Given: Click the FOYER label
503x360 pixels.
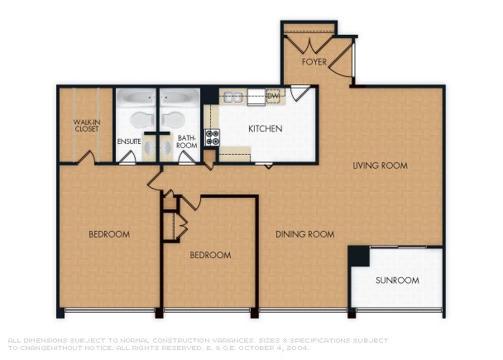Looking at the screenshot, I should point(314,62).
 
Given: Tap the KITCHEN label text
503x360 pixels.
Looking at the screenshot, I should point(266,129).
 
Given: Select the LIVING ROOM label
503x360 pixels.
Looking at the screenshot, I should point(380,166).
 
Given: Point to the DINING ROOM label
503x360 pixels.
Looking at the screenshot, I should point(304,234).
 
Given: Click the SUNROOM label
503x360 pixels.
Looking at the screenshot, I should point(397,281).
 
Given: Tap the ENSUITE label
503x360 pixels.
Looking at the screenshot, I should point(129,142).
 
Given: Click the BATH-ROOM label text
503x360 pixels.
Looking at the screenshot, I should point(187,142).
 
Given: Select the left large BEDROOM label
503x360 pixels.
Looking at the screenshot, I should point(109,234).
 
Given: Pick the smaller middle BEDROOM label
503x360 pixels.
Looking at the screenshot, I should point(210,255).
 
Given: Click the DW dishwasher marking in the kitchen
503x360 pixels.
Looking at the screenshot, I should point(274,97).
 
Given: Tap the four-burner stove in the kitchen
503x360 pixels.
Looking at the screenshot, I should point(212,137).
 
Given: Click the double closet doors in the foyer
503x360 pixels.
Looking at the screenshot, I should point(309,43).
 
